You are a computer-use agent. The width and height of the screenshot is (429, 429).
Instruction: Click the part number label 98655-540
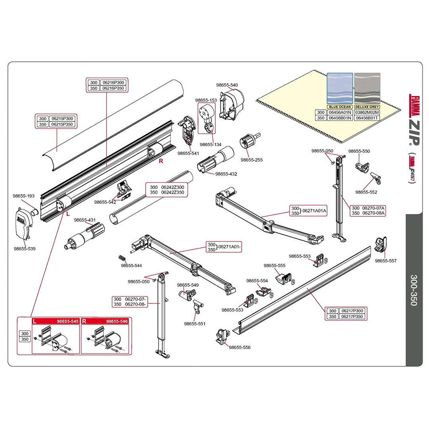coord(227,85)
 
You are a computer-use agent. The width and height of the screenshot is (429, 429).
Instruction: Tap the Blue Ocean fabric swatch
coord(339,89)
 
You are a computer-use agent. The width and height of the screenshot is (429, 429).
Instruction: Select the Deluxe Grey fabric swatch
coord(367,89)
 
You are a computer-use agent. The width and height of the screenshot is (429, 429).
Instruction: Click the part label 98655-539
coord(25,249)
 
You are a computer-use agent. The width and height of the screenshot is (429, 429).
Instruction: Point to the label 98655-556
coord(240,347)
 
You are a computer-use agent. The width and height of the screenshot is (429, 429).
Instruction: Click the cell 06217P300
coord(352,311)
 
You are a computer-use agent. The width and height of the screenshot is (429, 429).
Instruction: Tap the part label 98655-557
coord(386,261)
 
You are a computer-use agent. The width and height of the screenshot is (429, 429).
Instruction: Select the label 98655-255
coord(251,160)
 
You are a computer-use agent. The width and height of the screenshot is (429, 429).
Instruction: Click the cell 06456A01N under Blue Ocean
coord(339,112)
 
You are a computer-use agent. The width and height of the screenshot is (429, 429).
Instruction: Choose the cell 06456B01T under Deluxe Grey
coord(367,118)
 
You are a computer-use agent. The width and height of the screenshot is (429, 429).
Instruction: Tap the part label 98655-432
coord(226,174)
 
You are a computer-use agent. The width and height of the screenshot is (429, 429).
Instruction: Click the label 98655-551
coord(195,323)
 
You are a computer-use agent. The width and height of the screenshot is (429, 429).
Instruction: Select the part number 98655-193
coord(23,196)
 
